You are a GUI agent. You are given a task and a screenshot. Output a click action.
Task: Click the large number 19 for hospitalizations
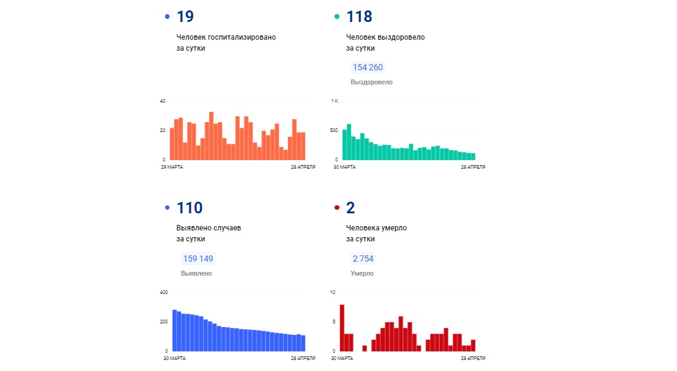coord(185,17)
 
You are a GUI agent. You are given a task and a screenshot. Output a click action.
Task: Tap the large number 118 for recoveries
coord(359,17)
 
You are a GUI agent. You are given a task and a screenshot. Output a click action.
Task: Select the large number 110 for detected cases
coord(190,208)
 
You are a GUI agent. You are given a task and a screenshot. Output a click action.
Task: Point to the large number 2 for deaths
coord(350,208)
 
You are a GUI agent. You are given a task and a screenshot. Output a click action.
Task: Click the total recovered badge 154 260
coord(368,67)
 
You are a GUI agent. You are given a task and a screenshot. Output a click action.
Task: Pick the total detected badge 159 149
coord(198,259)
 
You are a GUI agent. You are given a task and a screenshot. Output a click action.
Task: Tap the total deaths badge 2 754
coord(363,259)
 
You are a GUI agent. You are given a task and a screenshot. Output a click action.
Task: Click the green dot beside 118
coord(337,17)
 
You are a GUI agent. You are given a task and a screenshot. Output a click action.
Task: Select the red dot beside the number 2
coord(337,207)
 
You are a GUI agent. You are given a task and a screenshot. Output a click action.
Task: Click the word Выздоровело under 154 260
coord(372,82)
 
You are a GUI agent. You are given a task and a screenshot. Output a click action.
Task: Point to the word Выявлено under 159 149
coord(196,273)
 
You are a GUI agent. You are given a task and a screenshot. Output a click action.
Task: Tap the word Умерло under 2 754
coord(362,273)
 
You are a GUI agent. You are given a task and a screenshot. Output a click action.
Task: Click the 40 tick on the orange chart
coord(162,101)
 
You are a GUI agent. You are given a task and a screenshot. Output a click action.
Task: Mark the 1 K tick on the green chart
coord(335,101)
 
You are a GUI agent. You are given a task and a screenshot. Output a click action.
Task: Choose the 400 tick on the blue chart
coord(164,293)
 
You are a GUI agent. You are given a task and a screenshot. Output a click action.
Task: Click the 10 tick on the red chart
coord(333,293)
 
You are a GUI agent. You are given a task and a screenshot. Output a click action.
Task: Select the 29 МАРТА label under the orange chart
coord(172,167)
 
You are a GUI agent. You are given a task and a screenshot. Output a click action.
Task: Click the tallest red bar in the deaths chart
coord(342,328)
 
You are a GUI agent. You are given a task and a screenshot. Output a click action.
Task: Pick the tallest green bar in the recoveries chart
coord(349,142)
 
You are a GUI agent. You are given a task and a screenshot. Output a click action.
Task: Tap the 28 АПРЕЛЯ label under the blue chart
coord(303,359)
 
